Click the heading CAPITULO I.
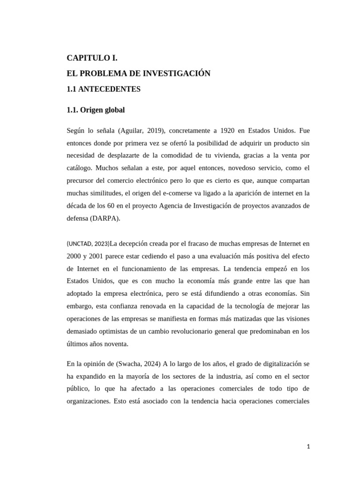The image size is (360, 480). coord(92,58)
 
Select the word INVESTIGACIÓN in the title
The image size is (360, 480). coord(177,73)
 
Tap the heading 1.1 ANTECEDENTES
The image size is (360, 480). coord(104,89)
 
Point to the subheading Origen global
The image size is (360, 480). coord(102,110)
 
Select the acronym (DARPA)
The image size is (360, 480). coord(107,218)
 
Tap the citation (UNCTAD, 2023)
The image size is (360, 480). coord(88,244)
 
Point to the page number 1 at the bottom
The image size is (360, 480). coord(308,447)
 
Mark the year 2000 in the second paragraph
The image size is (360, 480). coord(74,256)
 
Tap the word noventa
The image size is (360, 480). coord(115,344)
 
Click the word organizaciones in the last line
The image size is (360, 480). coord(91,402)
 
